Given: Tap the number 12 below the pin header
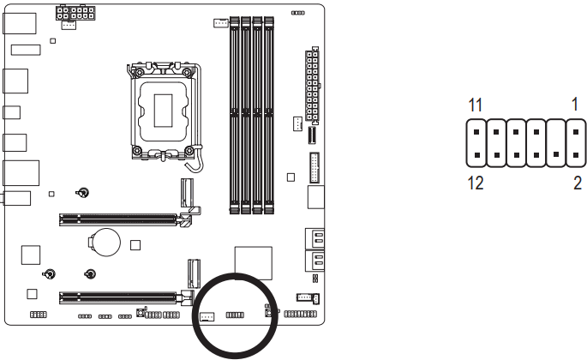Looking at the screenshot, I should [x=476, y=183].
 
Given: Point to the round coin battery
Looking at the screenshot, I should [x=105, y=241].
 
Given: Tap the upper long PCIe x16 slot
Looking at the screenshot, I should [x=121, y=219].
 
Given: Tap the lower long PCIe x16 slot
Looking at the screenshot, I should [x=121, y=298].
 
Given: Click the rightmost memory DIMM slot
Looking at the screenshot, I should [x=269, y=112].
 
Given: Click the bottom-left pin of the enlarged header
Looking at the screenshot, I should [x=476, y=157].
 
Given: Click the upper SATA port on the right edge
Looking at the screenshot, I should [x=315, y=239].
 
